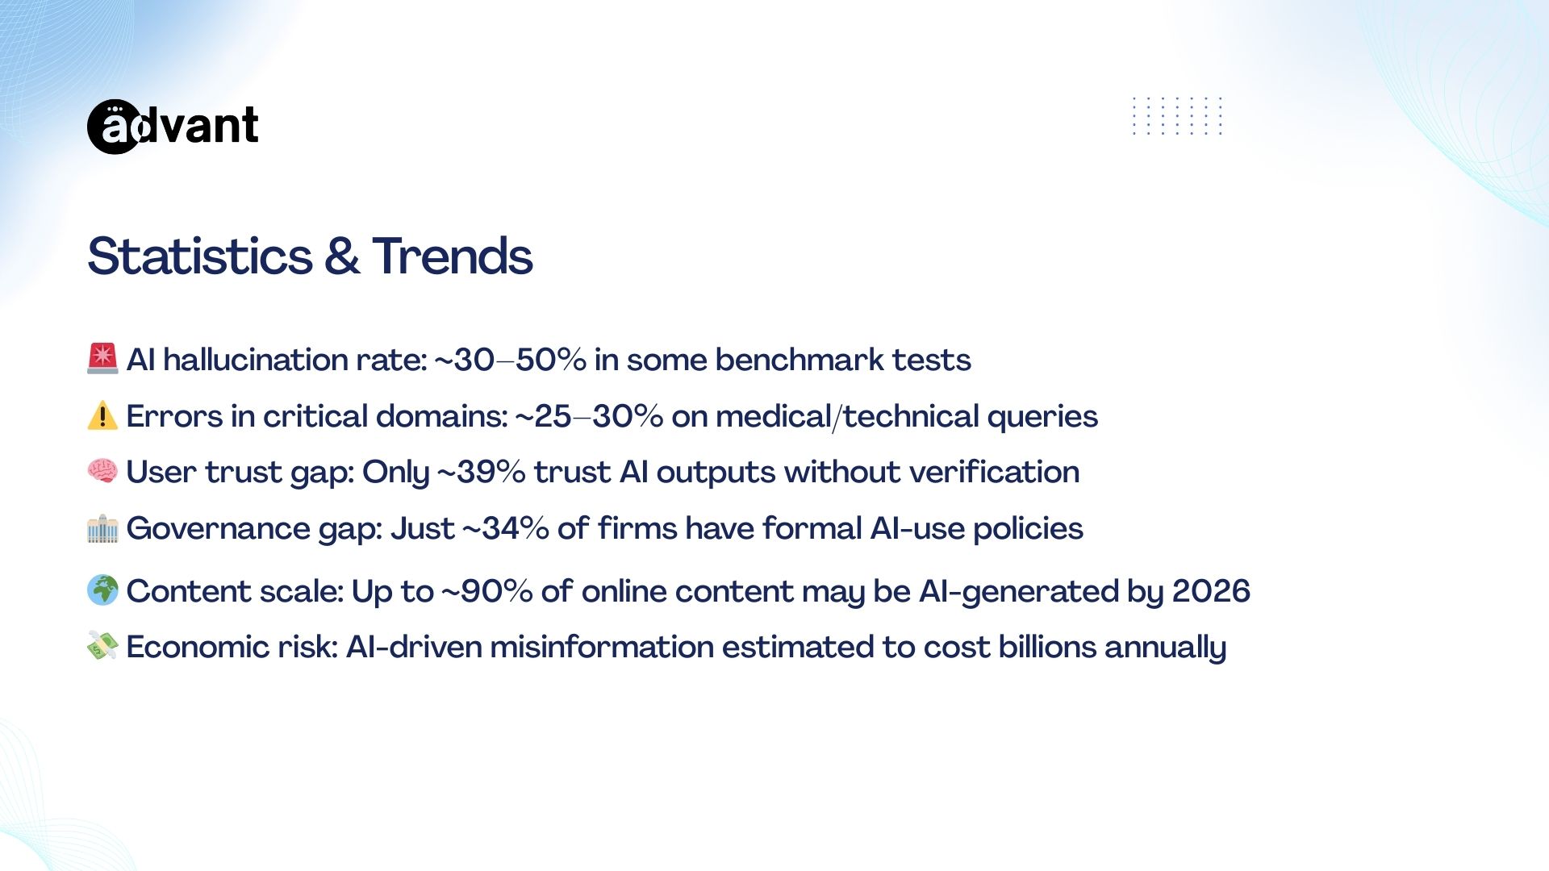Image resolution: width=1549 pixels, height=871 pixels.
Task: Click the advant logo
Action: [x=173, y=127]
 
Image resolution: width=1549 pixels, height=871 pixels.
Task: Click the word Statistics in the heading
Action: [x=200, y=256]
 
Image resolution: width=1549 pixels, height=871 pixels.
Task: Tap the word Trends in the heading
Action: [x=452, y=256]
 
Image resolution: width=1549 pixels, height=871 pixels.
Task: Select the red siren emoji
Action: [x=102, y=359]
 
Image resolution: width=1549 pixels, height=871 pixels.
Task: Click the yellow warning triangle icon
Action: [x=102, y=415]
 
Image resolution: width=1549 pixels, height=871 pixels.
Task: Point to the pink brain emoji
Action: [x=102, y=471]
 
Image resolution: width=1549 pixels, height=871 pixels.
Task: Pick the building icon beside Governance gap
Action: [x=102, y=528]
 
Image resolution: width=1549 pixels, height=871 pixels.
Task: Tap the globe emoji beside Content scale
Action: [x=102, y=590]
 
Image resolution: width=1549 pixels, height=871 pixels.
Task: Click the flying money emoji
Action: [x=102, y=646]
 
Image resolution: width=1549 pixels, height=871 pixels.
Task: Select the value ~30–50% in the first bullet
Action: [x=511, y=360]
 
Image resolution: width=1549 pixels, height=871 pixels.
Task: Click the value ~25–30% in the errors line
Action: [x=589, y=416]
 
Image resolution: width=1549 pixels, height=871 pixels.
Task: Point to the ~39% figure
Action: [x=482, y=472]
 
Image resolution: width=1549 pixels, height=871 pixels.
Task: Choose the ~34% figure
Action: [x=505, y=528]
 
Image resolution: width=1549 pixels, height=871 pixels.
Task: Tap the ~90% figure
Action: [x=486, y=591]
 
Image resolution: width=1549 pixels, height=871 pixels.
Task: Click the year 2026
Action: [x=1211, y=591]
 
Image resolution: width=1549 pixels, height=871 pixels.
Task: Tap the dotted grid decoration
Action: [x=1177, y=116]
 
